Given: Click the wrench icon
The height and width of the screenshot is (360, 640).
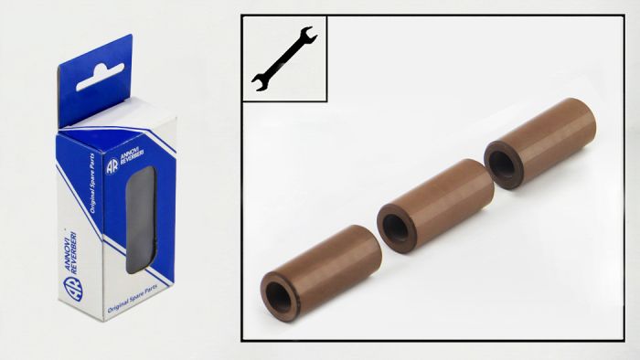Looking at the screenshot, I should tap(283, 59).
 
